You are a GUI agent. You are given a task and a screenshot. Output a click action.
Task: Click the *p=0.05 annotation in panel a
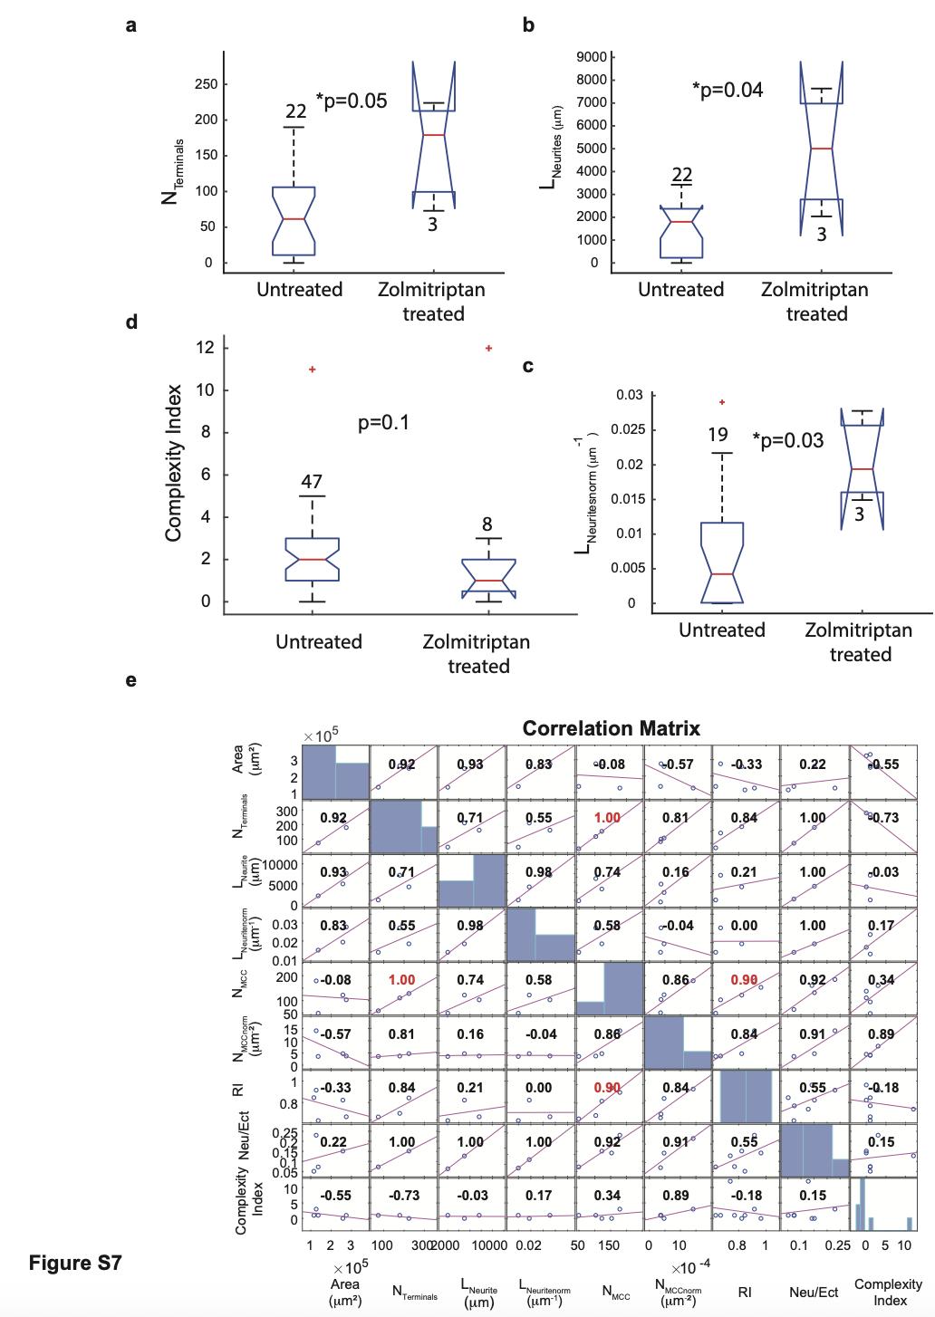point(352,101)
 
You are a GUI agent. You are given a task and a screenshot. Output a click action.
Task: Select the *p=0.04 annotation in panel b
point(727,90)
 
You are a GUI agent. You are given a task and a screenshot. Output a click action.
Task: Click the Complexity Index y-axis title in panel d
point(175,464)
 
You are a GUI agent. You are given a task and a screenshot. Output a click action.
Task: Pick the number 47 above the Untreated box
point(312,481)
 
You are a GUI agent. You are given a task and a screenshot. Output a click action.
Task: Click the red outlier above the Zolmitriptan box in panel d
point(489,349)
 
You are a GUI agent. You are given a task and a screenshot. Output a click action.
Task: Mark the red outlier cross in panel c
point(722,402)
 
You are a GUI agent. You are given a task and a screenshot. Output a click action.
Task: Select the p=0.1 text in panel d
point(384,422)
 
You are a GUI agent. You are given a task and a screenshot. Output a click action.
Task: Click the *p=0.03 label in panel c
point(788,440)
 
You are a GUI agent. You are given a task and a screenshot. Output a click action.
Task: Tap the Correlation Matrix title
point(612,728)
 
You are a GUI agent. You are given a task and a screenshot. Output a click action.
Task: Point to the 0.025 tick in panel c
point(623,430)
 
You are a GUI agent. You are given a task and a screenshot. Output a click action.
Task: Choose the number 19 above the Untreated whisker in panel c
point(717,436)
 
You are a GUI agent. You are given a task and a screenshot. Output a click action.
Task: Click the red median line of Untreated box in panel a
point(294,219)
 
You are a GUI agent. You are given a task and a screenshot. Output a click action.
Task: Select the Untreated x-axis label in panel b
point(680,290)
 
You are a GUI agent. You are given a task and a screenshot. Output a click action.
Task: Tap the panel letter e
point(130,680)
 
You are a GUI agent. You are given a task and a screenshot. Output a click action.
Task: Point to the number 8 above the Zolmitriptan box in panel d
point(487,524)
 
